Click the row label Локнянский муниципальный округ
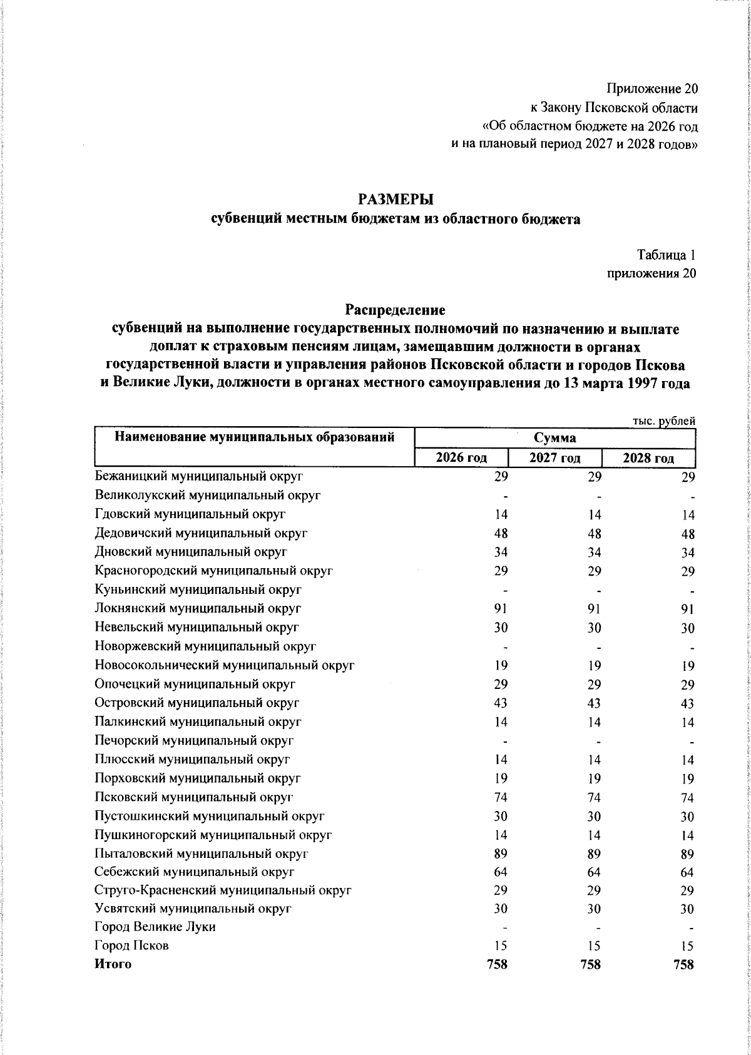coord(198,608)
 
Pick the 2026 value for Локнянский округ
coord(500,608)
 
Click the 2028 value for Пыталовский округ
coord(687,854)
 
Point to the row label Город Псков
coord(131,945)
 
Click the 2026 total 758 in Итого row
coord(497,964)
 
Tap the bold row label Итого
coord(113,964)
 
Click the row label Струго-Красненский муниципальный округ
coord(223,890)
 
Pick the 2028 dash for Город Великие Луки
coord(692,928)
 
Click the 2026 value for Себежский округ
coord(500,872)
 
